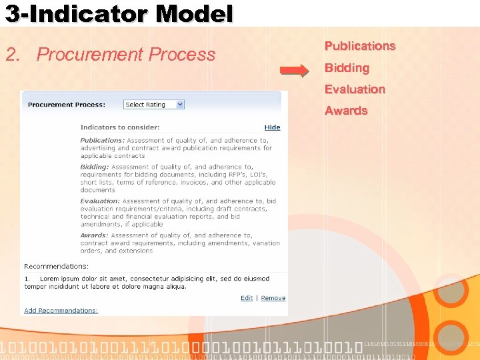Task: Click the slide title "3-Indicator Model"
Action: [119, 13]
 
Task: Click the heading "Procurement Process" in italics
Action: [126, 55]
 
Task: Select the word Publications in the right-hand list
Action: [360, 46]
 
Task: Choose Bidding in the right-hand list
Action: [347, 68]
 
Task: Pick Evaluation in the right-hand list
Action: [355, 89]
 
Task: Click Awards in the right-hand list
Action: [346, 111]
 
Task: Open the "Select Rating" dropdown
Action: [154, 105]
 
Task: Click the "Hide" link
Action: [272, 127]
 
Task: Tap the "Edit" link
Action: [247, 298]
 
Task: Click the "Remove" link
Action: [273, 298]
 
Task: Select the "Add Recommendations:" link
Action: [61, 311]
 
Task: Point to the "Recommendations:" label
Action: [56, 266]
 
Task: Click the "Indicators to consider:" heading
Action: [120, 127]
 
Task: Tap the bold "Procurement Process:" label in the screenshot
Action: [67, 105]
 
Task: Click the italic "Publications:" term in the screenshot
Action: [102, 141]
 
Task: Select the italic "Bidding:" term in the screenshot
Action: [95, 167]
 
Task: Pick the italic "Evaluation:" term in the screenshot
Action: [100, 201]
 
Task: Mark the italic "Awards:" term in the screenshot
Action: [94, 235]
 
